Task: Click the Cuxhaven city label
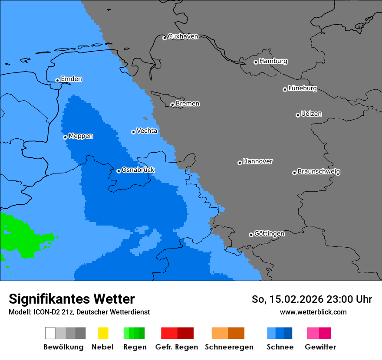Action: coord(183,36)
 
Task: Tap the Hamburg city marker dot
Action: coord(256,62)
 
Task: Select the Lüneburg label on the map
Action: coord(303,88)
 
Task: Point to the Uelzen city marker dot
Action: coord(298,115)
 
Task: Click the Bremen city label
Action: coord(188,104)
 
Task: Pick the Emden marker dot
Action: coord(57,80)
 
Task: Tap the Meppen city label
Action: coord(81,136)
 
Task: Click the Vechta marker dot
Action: coord(133,132)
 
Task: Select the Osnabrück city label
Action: coord(138,170)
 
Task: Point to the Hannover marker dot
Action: coord(240,163)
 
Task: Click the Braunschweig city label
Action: coord(319,171)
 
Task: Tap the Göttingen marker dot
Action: coord(251,235)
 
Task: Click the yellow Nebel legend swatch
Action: coord(103,333)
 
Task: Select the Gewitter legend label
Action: coord(320,347)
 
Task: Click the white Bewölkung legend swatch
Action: coord(50,333)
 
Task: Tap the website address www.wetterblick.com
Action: coord(313,312)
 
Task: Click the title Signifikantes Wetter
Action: coord(72,299)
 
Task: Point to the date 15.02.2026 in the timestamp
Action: coord(296,299)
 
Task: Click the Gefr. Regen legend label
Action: coord(177,347)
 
